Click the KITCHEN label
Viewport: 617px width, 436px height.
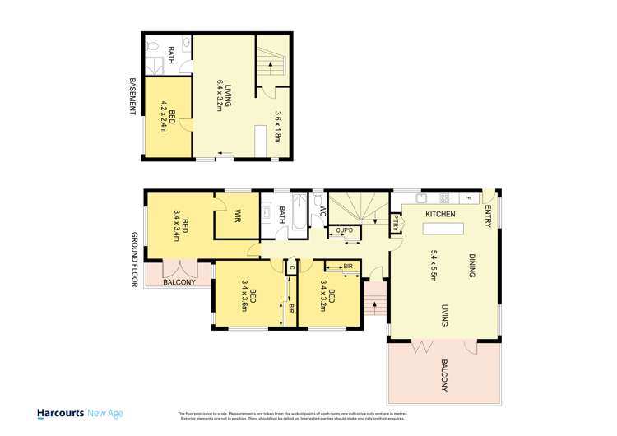coord(440,214)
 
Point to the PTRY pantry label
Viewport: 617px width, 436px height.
coord(396,222)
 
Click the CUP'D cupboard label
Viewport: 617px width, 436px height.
coord(344,230)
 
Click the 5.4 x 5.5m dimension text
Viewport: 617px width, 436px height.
coord(432,266)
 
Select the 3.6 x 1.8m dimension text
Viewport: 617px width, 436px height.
coord(278,128)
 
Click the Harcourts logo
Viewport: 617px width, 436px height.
coord(75,413)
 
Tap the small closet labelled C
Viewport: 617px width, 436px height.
coord(290,267)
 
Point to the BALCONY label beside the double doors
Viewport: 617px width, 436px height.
coord(179,282)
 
